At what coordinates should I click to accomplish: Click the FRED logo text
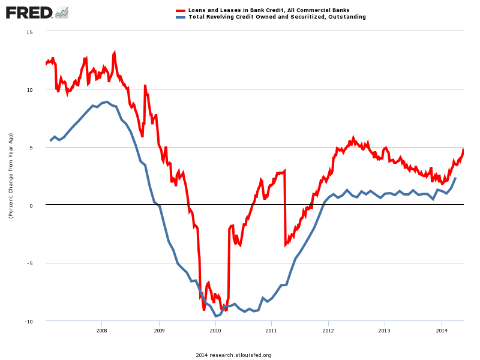coord(29,12)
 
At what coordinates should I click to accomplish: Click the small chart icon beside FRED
coord(61,12)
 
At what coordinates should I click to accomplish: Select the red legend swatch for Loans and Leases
coord(180,10)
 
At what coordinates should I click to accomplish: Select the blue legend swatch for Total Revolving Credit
coord(180,17)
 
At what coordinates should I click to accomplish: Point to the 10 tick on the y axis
coord(30,89)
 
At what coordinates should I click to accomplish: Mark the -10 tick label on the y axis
coord(29,322)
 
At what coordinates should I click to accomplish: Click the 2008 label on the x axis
coord(102,330)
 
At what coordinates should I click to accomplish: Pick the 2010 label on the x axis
coord(215,330)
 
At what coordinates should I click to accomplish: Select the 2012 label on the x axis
coord(328,330)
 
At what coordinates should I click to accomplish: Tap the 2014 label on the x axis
coord(442,330)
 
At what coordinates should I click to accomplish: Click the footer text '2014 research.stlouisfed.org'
coord(233,355)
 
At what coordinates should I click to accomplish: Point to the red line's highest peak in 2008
coord(114,53)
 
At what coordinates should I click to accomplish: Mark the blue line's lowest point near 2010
coord(216,316)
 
